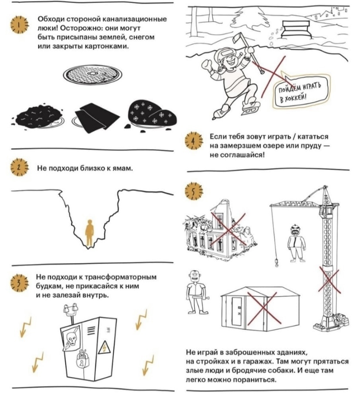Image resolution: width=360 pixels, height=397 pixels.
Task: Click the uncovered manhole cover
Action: point(93,75)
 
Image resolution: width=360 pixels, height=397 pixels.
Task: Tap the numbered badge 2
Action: point(19,167)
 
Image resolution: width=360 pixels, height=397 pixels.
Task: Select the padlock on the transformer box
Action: point(82,359)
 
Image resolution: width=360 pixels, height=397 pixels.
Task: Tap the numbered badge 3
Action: point(19,283)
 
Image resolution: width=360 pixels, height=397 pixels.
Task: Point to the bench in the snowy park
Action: point(296,29)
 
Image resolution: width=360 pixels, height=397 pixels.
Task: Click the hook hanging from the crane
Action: point(276,262)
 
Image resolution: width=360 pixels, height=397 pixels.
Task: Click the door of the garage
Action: point(237,312)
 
